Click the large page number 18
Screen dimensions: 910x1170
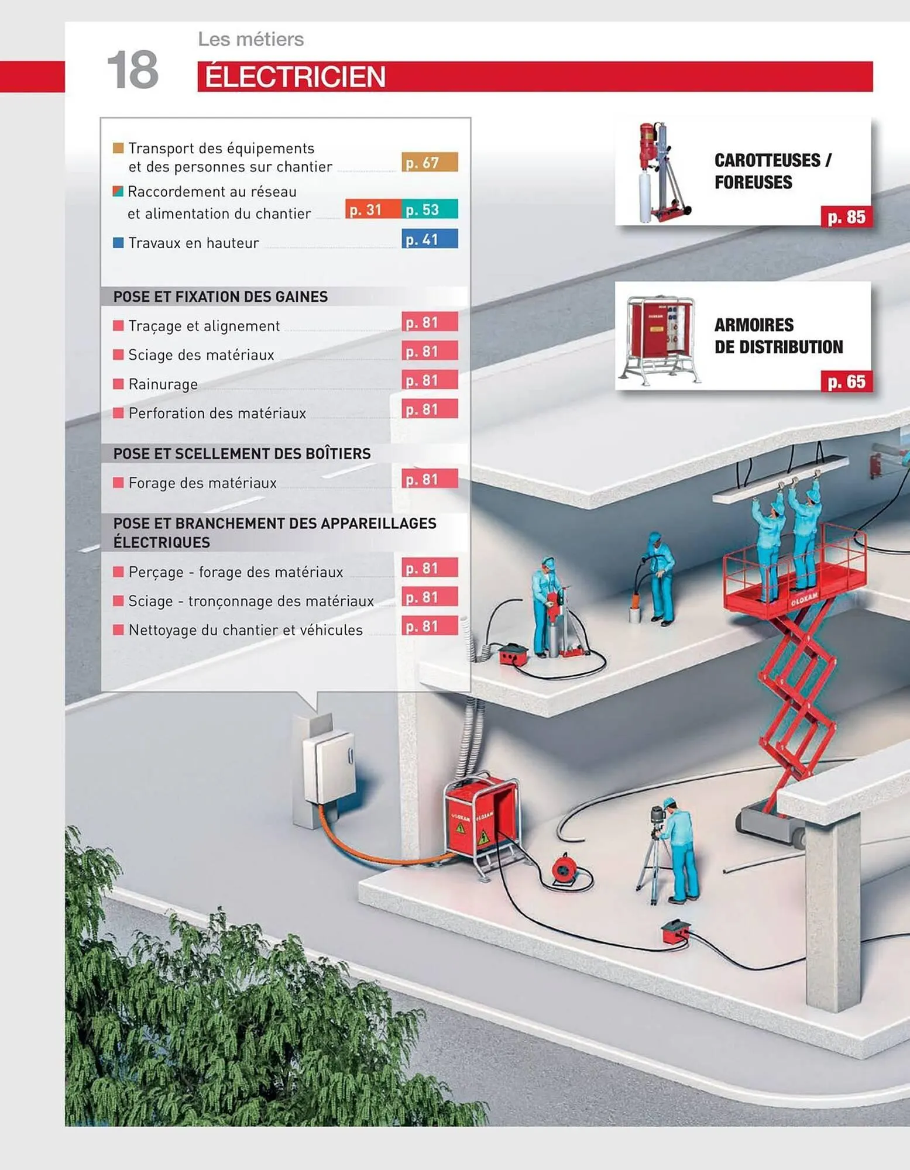point(133,70)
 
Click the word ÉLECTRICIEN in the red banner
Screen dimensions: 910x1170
point(295,77)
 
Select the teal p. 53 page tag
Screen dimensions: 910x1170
point(430,209)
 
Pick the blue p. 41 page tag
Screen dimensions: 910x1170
point(430,239)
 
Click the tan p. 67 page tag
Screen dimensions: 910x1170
point(430,162)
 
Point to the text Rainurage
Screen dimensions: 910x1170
point(163,384)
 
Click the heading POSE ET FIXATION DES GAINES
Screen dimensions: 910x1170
point(221,297)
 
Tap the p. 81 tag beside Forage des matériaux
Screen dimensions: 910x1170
point(430,479)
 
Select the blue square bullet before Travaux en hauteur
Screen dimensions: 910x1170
point(118,242)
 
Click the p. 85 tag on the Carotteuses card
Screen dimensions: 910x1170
point(846,217)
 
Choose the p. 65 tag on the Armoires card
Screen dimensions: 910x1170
point(846,382)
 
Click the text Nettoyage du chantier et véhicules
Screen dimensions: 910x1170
point(245,630)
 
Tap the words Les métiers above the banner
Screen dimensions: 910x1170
point(251,39)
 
